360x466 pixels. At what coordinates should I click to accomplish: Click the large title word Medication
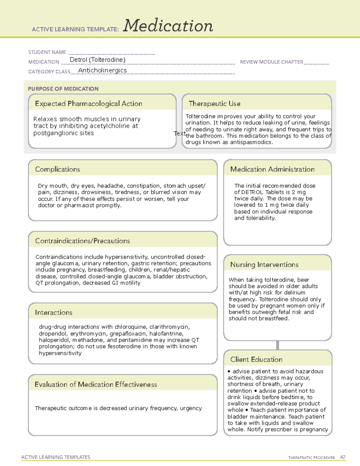point(168,26)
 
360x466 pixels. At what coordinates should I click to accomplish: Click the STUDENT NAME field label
point(47,52)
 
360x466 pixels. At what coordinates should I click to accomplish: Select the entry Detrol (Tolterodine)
point(97,60)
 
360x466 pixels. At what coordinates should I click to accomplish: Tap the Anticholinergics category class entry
point(102,70)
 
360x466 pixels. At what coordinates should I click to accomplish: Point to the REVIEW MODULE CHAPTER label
point(271,62)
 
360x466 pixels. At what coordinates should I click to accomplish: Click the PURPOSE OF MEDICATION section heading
point(63,89)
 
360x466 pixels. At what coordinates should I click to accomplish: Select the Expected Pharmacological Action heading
point(88,104)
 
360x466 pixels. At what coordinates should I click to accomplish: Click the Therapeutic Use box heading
point(214,104)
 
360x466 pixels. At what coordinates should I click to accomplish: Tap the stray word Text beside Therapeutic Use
point(179,133)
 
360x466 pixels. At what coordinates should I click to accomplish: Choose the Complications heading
point(58,169)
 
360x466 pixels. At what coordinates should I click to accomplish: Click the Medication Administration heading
point(272,169)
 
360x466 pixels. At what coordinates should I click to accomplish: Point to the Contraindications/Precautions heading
point(82,241)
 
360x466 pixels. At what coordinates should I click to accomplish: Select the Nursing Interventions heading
point(264,264)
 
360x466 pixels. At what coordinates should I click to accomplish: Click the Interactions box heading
point(54,312)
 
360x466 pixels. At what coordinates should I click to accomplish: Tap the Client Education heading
point(256,359)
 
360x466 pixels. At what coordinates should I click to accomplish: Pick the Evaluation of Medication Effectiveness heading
point(96,384)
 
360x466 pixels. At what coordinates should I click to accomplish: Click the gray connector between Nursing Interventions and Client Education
point(277,345)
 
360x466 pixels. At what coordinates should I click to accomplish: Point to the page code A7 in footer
point(343,457)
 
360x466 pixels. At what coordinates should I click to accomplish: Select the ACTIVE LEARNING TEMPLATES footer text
point(56,457)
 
